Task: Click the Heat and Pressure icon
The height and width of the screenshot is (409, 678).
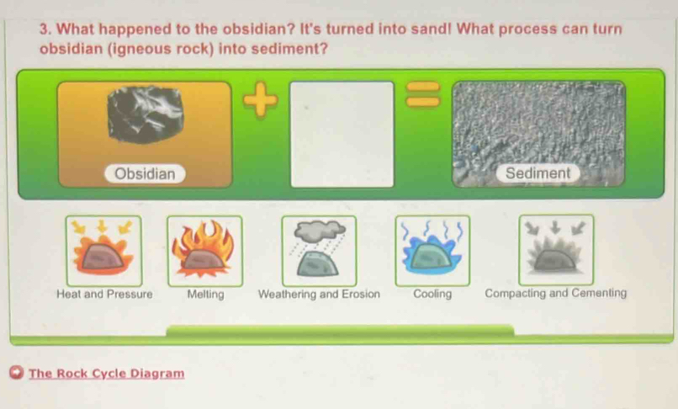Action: click(x=103, y=250)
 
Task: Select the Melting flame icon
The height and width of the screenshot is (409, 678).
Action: click(x=204, y=250)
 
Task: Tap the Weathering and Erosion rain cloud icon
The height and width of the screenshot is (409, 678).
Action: click(x=319, y=250)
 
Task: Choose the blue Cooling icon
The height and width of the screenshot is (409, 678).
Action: click(x=432, y=250)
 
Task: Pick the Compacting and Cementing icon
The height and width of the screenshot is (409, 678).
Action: click(x=555, y=250)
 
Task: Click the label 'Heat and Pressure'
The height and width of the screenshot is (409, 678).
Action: click(x=104, y=295)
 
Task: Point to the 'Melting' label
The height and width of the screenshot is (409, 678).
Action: click(x=205, y=295)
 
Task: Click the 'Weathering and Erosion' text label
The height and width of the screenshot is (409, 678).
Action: click(x=319, y=295)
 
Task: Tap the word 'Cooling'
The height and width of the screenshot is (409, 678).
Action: click(x=432, y=295)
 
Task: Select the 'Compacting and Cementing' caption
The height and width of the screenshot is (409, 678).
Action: click(x=555, y=295)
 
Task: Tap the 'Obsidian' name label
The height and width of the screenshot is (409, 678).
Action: click(x=145, y=174)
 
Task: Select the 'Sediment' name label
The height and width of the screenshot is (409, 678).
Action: click(x=538, y=173)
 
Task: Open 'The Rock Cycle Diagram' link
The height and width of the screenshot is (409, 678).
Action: click(x=106, y=374)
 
